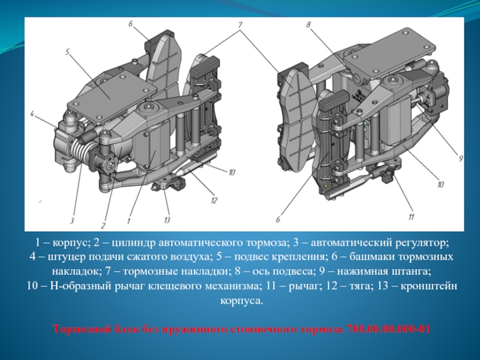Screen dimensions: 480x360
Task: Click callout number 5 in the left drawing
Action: coord(67,52)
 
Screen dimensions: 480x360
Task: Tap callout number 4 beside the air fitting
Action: coord(32,114)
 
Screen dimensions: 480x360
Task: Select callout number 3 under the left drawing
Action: coord(71,220)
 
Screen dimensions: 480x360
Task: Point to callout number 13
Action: coord(167,220)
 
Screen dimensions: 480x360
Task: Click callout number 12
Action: coord(214,200)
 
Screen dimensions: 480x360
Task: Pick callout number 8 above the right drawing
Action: coord(308,25)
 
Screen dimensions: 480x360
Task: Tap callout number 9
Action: coord(460,158)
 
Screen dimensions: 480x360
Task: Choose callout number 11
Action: coord(411,217)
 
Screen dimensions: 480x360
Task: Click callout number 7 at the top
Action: coord(240,25)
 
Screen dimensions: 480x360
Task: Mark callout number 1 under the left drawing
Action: coord(129,220)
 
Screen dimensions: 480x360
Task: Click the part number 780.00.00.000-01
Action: coord(388,329)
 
